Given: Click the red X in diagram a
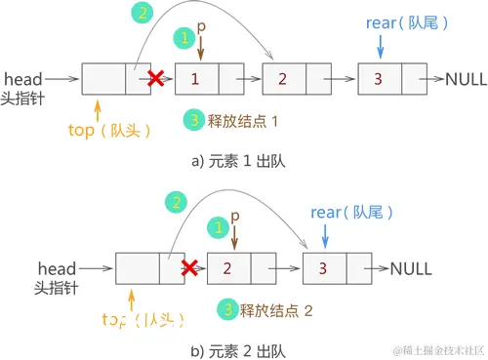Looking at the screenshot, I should tap(154, 77).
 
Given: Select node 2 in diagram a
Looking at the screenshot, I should tap(282, 78).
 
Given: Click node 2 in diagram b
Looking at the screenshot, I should tap(226, 265).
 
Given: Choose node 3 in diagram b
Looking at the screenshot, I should tap(324, 265).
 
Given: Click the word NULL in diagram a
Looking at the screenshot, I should tap(466, 78).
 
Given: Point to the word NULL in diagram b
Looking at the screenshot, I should tap(411, 265).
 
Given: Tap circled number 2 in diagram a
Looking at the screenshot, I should tap(144, 14).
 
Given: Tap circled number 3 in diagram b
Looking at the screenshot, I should tap(227, 309).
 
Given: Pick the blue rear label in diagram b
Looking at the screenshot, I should tap(326, 212).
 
